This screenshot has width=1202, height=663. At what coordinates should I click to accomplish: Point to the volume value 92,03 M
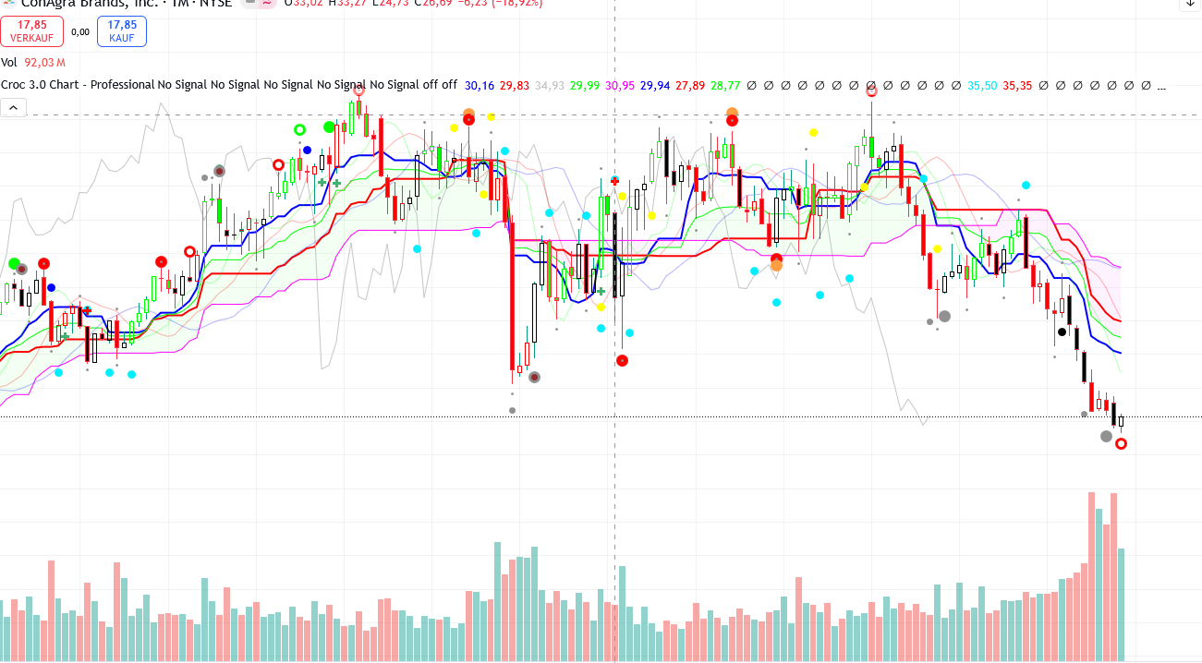[x=44, y=63]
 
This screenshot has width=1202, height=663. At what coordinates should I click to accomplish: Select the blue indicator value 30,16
[x=479, y=85]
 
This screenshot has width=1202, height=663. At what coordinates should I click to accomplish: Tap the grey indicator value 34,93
[x=550, y=85]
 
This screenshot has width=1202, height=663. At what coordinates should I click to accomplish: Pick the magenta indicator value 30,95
[x=620, y=85]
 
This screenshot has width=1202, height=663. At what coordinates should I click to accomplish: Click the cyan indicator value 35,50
[x=982, y=85]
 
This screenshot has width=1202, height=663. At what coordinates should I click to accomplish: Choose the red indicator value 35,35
[x=1017, y=85]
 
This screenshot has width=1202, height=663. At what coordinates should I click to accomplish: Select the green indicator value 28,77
[x=725, y=85]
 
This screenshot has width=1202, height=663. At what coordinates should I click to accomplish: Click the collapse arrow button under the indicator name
[x=13, y=108]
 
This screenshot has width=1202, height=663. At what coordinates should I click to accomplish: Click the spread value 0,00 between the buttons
[x=80, y=31]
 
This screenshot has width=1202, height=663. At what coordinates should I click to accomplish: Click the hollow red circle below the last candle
[x=1122, y=444]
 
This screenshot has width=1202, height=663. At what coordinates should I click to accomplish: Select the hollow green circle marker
[x=299, y=130]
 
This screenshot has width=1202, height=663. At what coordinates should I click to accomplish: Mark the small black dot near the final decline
[x=1062, y=331]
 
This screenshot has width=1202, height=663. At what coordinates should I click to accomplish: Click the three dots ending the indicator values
[x=1161, y=86]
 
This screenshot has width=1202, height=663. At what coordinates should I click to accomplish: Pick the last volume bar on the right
[x=1122, y=604]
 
